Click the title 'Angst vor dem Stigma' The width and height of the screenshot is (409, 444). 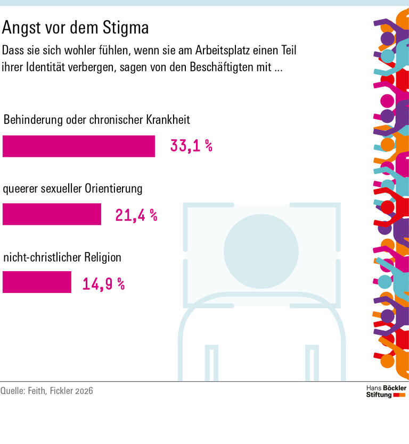tap(76, 27)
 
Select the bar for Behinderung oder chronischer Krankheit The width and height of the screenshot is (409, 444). tap(79, 146)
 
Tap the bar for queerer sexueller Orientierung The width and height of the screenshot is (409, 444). tap(52, 214)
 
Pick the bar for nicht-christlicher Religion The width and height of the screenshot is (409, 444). tap(37, 282)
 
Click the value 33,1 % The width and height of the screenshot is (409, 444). tap(191, 146)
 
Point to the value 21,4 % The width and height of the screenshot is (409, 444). tap(136, 215)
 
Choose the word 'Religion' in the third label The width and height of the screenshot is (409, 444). tap(103, 257)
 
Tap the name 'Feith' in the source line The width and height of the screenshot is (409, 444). tap(39, 391)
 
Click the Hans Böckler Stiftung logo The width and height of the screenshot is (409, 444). tap(386, 391)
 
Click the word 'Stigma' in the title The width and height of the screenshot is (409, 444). tap(127, 27)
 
